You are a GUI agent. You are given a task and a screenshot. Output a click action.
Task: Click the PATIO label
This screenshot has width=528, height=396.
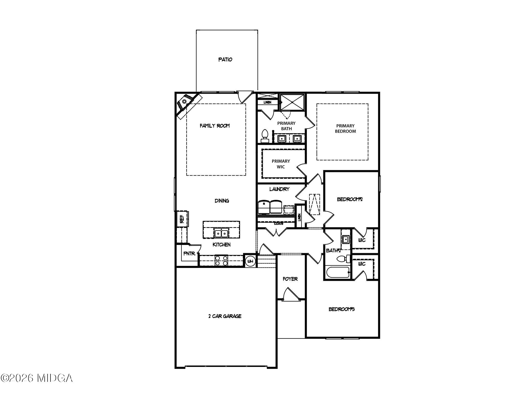225,60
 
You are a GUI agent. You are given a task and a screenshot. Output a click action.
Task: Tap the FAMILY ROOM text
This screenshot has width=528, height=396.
214,126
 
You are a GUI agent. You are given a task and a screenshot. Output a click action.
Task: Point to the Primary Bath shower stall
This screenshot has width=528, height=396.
292,102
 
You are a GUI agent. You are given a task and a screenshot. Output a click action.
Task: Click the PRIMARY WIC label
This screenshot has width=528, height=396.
281,164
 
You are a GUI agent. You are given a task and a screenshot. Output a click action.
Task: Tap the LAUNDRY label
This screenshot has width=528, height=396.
279,189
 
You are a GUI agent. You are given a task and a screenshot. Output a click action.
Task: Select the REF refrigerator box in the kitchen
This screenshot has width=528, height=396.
182,219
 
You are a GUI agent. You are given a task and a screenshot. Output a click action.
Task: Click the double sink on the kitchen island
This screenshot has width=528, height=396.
221,234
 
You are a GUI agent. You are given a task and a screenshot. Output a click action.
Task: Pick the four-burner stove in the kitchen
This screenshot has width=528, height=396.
221,260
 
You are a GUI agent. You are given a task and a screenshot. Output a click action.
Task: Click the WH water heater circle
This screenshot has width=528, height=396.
250,261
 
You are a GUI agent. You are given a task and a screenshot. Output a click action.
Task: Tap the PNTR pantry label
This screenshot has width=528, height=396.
189,254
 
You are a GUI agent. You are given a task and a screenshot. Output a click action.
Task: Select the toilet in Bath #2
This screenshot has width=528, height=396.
343,259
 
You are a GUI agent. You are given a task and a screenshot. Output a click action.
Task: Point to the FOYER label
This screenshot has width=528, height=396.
290,279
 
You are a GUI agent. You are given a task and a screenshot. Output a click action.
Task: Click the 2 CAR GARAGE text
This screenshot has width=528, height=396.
225,316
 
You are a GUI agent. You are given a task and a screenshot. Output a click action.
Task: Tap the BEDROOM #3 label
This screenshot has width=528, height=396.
341,309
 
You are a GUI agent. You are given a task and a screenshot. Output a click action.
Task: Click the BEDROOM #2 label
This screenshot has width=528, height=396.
350,199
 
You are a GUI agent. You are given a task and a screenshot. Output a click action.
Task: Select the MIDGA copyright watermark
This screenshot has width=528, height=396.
37,378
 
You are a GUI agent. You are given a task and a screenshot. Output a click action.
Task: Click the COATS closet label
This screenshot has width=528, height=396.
278,224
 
